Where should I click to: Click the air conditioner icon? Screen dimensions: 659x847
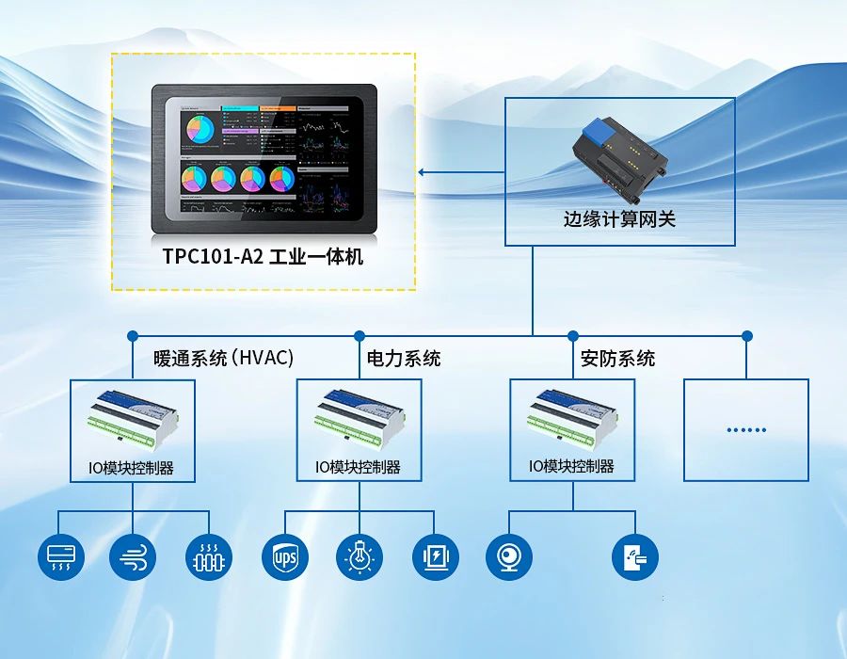click(60, 557)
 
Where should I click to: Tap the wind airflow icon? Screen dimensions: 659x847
click(133, 557)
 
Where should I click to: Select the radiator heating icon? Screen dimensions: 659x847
click(209, 557)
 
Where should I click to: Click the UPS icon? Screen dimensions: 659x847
click(284, 557)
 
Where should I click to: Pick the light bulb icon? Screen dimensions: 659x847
click(359, 557)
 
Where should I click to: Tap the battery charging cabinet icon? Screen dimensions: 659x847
click(435, 557)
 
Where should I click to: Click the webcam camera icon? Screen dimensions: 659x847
click(509, 557)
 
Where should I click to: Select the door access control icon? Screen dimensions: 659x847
click(635, 557)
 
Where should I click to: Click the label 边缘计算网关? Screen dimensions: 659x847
click(619, 220)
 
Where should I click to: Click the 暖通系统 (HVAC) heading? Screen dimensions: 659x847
click(224, 359)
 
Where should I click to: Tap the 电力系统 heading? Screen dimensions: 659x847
click(404, 359)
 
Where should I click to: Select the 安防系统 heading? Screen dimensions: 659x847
click(618, 359)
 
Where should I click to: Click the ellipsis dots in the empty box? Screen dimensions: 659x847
click(746, 430)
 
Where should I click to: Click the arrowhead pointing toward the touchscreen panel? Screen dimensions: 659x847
click(422, 171)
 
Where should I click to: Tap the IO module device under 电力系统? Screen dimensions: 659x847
click(359, 416)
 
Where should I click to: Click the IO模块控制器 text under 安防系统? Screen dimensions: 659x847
click(571, 466)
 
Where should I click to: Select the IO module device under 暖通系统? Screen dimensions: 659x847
click(133, 416)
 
